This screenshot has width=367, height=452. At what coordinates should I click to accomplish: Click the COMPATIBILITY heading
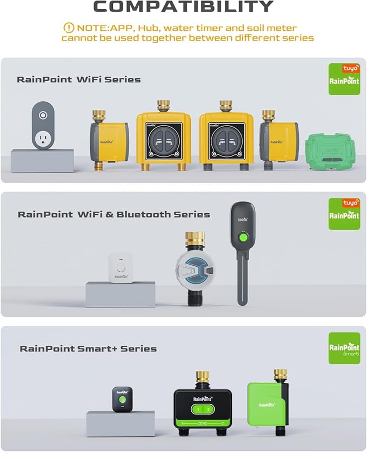(x=183, y=6)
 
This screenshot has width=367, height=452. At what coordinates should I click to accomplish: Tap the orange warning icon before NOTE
(x=69, y=28)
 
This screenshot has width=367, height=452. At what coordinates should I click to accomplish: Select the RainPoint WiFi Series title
(x=79, y=80)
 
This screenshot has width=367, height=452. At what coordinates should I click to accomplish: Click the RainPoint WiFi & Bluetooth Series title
(x=114, y=214)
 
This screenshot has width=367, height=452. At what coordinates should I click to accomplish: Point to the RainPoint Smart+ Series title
(x=88, y=349)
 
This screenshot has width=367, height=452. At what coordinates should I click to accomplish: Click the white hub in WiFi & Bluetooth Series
(x=121, y=266)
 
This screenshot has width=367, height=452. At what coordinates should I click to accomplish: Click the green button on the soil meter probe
(x=244, y=237)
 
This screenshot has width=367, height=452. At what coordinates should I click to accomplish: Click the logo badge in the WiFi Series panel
(x=344, y=79)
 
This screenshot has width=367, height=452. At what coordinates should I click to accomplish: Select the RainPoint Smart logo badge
(x=344, y=348)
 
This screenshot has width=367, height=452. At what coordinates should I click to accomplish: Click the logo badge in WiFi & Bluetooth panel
(x=344, y=213)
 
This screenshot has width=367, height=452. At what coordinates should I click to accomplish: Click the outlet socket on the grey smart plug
(x=41, y=141)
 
